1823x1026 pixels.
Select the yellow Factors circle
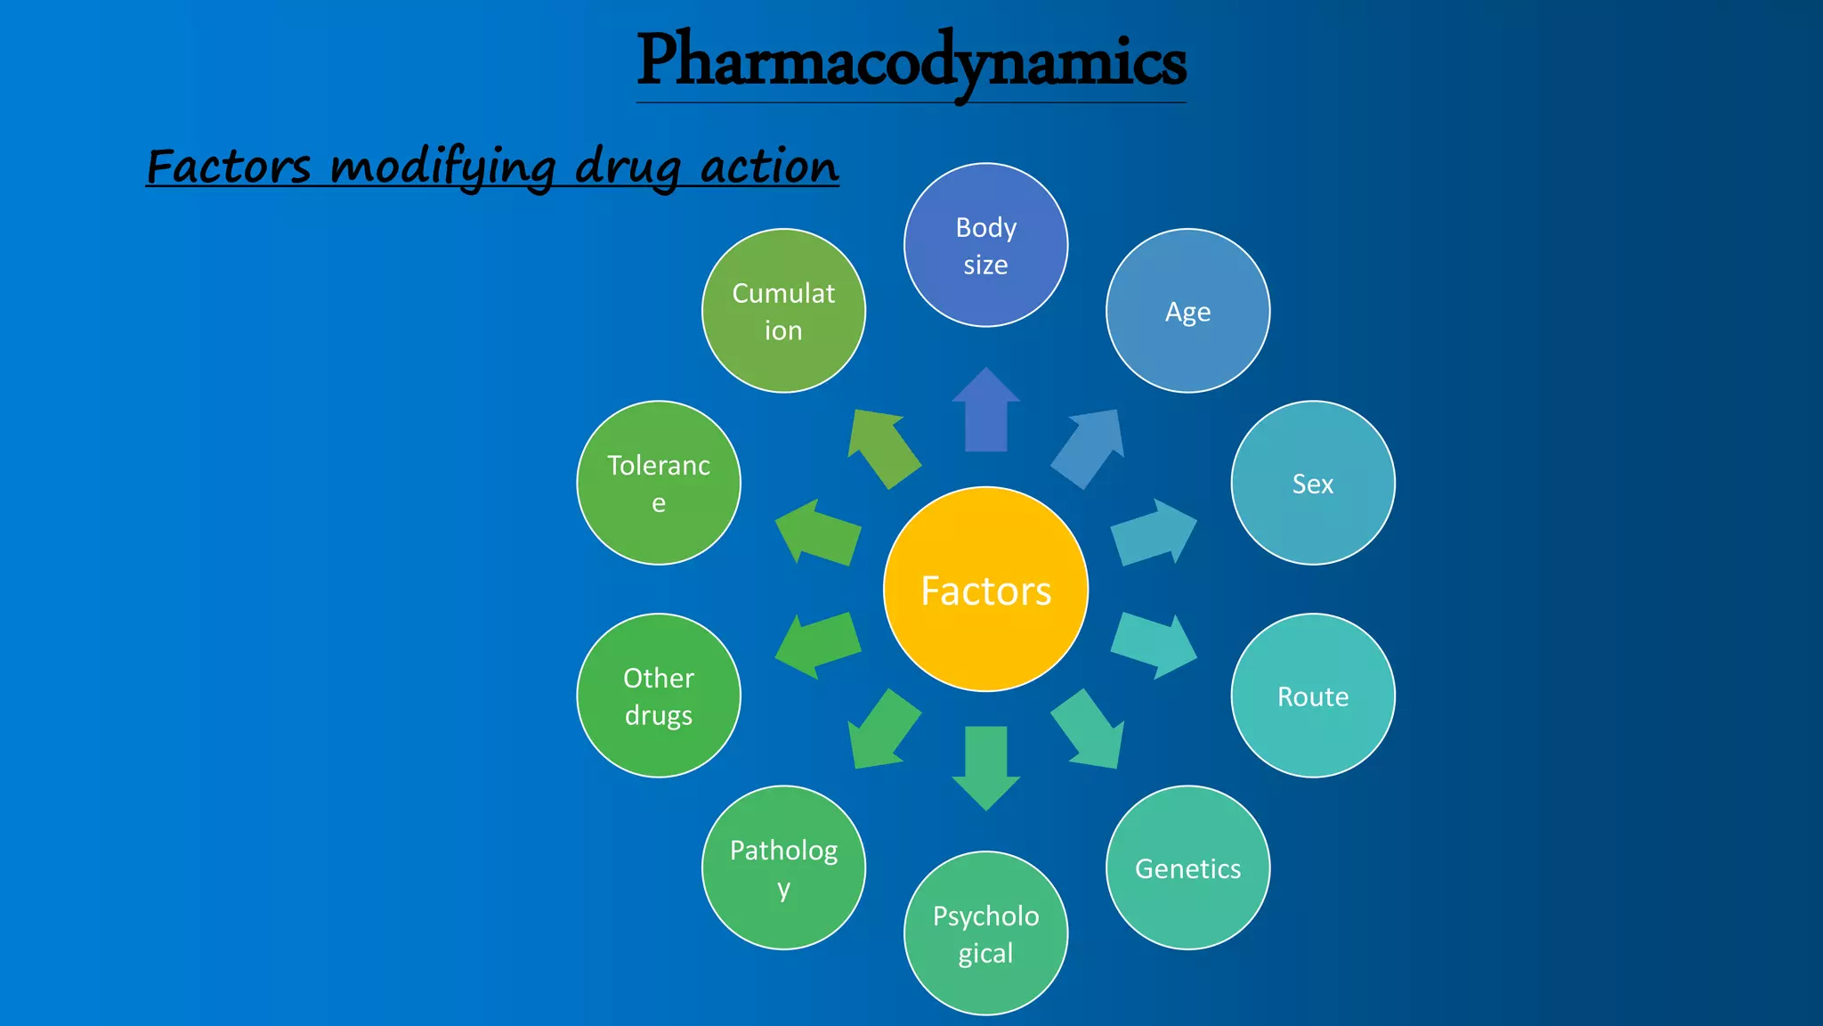[x=985, y=590]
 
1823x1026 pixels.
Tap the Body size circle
[x=985, y=245]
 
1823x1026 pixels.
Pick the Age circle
[x=1187, y=311]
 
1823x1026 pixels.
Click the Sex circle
[x=1312, y=483]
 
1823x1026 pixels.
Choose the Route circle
[x=1312, y=696]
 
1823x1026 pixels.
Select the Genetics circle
[x=1187, y=867]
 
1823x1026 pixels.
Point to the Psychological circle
[x=985, y=933]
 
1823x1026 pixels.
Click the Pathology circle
[x=783, y=867]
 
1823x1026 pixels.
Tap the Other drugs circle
[x=659, y=696]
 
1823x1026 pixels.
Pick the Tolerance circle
[x=659, y=483]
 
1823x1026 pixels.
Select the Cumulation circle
[x=783, y=311]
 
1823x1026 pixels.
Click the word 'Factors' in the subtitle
[x=229, y=167]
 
